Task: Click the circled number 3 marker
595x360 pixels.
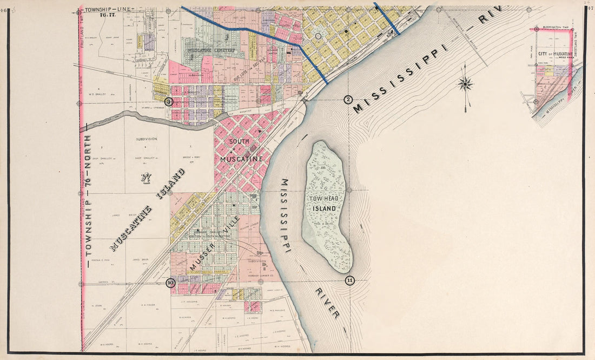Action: [x=169, y=101]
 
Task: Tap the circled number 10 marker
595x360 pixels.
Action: [x=171, y=282]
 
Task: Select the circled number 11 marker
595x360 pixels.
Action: [x=349, y=280]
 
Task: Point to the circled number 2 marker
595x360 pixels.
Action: [x=348, y=99]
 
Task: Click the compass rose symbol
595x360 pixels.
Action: [x=465, y=84]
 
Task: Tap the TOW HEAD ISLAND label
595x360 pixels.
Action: [x=326, y=204]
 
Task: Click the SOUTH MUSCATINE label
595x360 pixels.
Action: [x=241, y=150]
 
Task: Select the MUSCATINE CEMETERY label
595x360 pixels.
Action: [x=211, y=50]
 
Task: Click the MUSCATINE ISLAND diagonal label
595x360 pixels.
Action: [x=147, y=210]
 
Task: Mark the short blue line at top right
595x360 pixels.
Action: [x=387, y=18]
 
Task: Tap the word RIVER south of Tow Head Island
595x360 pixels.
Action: [x=328, y=302]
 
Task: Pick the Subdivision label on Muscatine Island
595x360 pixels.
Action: [x=146, y=139]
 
